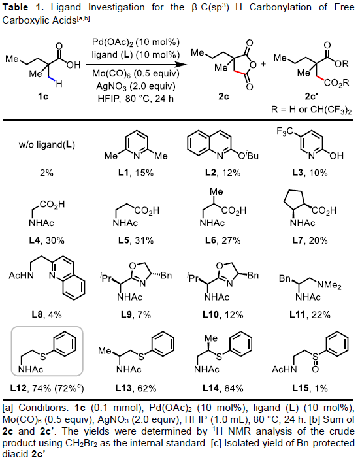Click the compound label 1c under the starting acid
pyautogui.click(x=43, y=96)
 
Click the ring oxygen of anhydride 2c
pyautogui.click(x=254, y=65)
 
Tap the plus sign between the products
pyautogui.click(x=263, y=64)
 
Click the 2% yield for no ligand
pyautogui.click(x=46, y=172)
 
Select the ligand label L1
pyautogui.click(x=123, y=172)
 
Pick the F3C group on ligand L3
pyautogui.click(x=285, y=131)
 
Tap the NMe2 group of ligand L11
pyautogui.click(x=329, y=284)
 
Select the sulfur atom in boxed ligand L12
pyautogui.click(x=43, y=356)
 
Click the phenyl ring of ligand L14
pyautogui.click(x=241, y=343)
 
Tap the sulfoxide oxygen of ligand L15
pyautogui.click(x=315, y=369)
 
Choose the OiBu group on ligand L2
pyautogui.click(x=248, y=156)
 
